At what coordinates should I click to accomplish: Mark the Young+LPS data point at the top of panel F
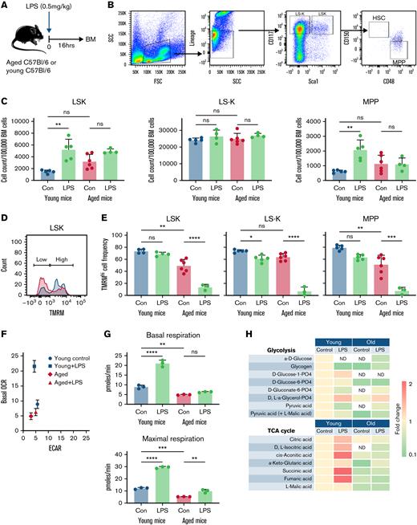[35, 389]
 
